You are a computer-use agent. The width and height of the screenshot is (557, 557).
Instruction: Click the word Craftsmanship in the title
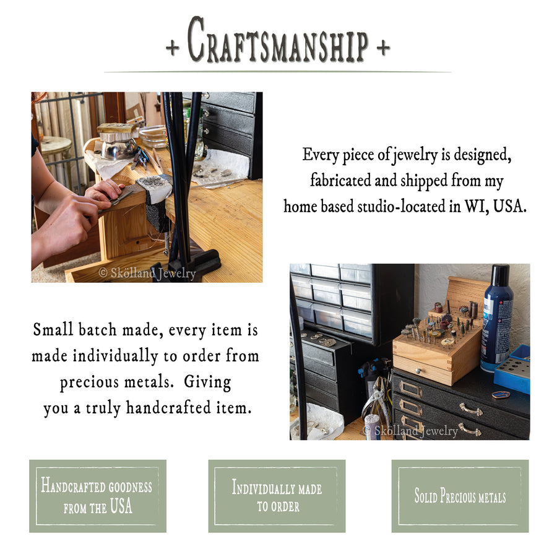click(x=278, y=41)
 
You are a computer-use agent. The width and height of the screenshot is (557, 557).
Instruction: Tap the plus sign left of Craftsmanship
click(x=173, y=48)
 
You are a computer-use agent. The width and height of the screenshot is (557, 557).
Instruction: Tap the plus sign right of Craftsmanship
click(x=383, y=48)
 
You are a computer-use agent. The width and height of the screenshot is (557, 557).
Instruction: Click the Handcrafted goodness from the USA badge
click(x=98, y=496)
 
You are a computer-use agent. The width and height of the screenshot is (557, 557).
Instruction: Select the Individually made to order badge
click(x=277, y=496)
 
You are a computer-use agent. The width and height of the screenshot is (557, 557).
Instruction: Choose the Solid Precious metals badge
click(x=460, y=496)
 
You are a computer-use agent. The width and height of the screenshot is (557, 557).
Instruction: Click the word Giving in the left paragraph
click(x=207, y=382)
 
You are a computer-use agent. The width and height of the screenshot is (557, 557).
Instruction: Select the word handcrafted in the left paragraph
click(x=169, y=407)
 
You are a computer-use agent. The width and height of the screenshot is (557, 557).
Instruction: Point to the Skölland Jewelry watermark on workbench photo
click(x=147, y=273)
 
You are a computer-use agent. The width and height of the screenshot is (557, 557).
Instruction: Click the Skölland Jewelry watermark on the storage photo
click(x=411, y=431)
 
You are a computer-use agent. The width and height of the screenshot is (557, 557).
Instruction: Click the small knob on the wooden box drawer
click(x=419, y=371)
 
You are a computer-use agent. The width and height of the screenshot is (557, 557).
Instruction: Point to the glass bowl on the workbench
click(x=153, y=136)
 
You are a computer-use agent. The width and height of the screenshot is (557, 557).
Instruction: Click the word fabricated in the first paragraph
click(x=340, y=180)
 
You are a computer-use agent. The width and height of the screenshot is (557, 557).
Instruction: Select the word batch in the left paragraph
click(x=98, y=329)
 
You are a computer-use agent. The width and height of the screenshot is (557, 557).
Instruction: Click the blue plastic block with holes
click(x=512, y=375)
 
